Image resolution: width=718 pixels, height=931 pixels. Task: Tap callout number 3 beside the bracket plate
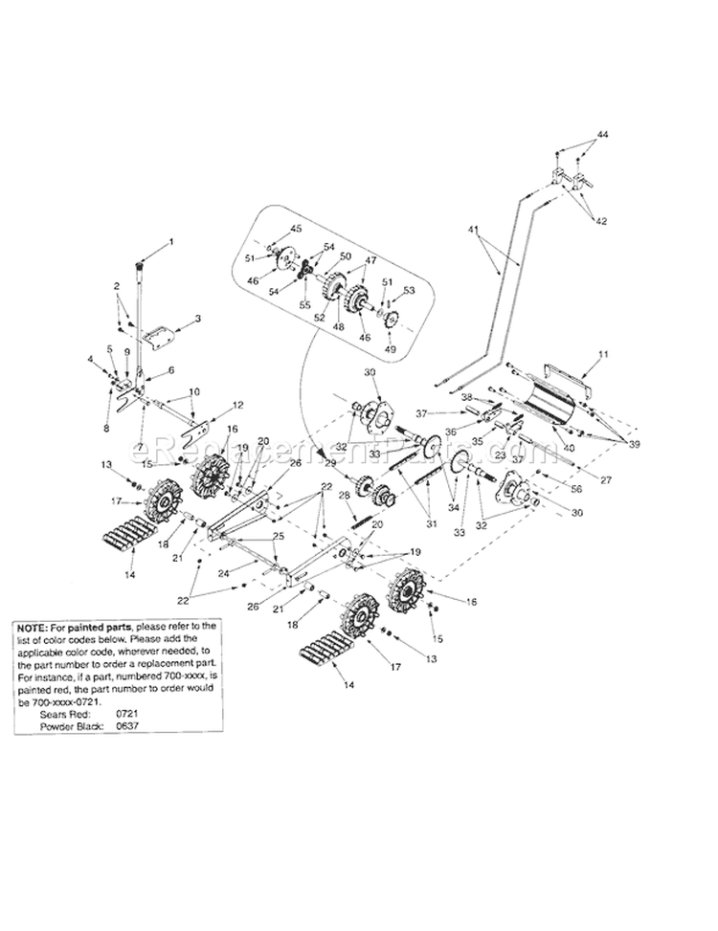pos(197,318)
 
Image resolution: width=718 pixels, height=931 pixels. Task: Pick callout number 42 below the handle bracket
pos(602,220)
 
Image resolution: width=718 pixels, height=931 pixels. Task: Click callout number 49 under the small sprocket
pos(390,349)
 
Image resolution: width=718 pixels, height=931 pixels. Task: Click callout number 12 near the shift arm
pos(239,405)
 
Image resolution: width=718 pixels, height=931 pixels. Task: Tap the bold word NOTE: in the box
pos(34,626)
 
